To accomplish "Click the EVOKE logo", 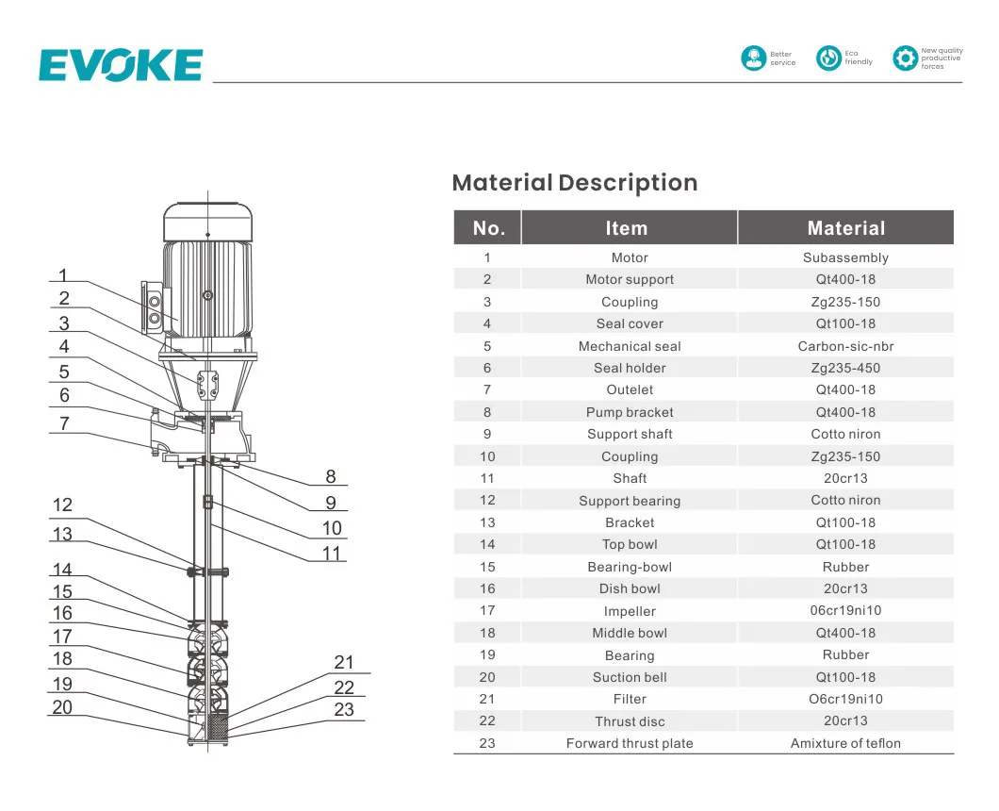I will click(121, 65).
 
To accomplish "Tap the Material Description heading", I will click(574, 183).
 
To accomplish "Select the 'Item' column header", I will click(627, 228).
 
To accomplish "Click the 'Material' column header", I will click(845, 228).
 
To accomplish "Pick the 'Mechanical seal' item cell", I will click(629, 346).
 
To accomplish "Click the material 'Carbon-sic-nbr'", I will click(845, 346).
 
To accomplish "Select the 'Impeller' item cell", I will click(629, 611).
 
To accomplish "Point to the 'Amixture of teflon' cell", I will click(845, 743).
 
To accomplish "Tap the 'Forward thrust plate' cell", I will click(629, 743).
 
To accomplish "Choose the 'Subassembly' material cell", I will click(845, 257).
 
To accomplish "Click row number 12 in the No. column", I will click(487, 501).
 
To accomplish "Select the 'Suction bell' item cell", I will click(629, 677).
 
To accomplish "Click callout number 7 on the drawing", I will click(64, 423).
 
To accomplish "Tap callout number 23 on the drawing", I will click(344, 709).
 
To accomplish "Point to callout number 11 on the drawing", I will click(331, 553).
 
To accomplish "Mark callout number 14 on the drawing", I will click(62, 570).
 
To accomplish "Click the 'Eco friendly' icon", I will click(828, 58).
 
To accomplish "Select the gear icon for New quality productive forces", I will click(905, 58).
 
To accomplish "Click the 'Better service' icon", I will click(753, 58).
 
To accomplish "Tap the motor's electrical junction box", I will click(153, 306).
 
